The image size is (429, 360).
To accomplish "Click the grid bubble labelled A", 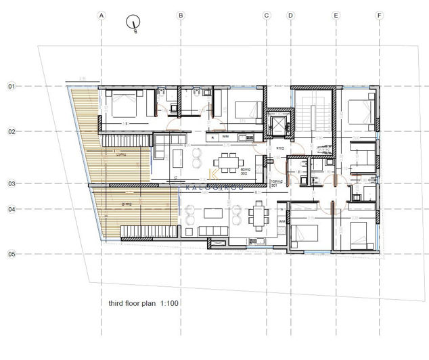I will pos(101,15).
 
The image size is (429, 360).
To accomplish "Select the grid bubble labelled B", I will pos(181,15).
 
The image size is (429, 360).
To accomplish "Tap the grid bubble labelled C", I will pos(267,15).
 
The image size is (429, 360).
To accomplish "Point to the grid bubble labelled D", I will pos(290,15).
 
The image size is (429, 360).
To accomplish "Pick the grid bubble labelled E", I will pos(336,15).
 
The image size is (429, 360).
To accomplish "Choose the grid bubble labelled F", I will pos(379,15).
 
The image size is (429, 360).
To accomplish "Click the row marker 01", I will pos(12,87).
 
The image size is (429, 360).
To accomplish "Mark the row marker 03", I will pos(12,183).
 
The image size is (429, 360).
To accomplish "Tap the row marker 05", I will pos(12,254).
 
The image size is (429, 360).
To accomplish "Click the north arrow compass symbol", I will pos(133,23).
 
